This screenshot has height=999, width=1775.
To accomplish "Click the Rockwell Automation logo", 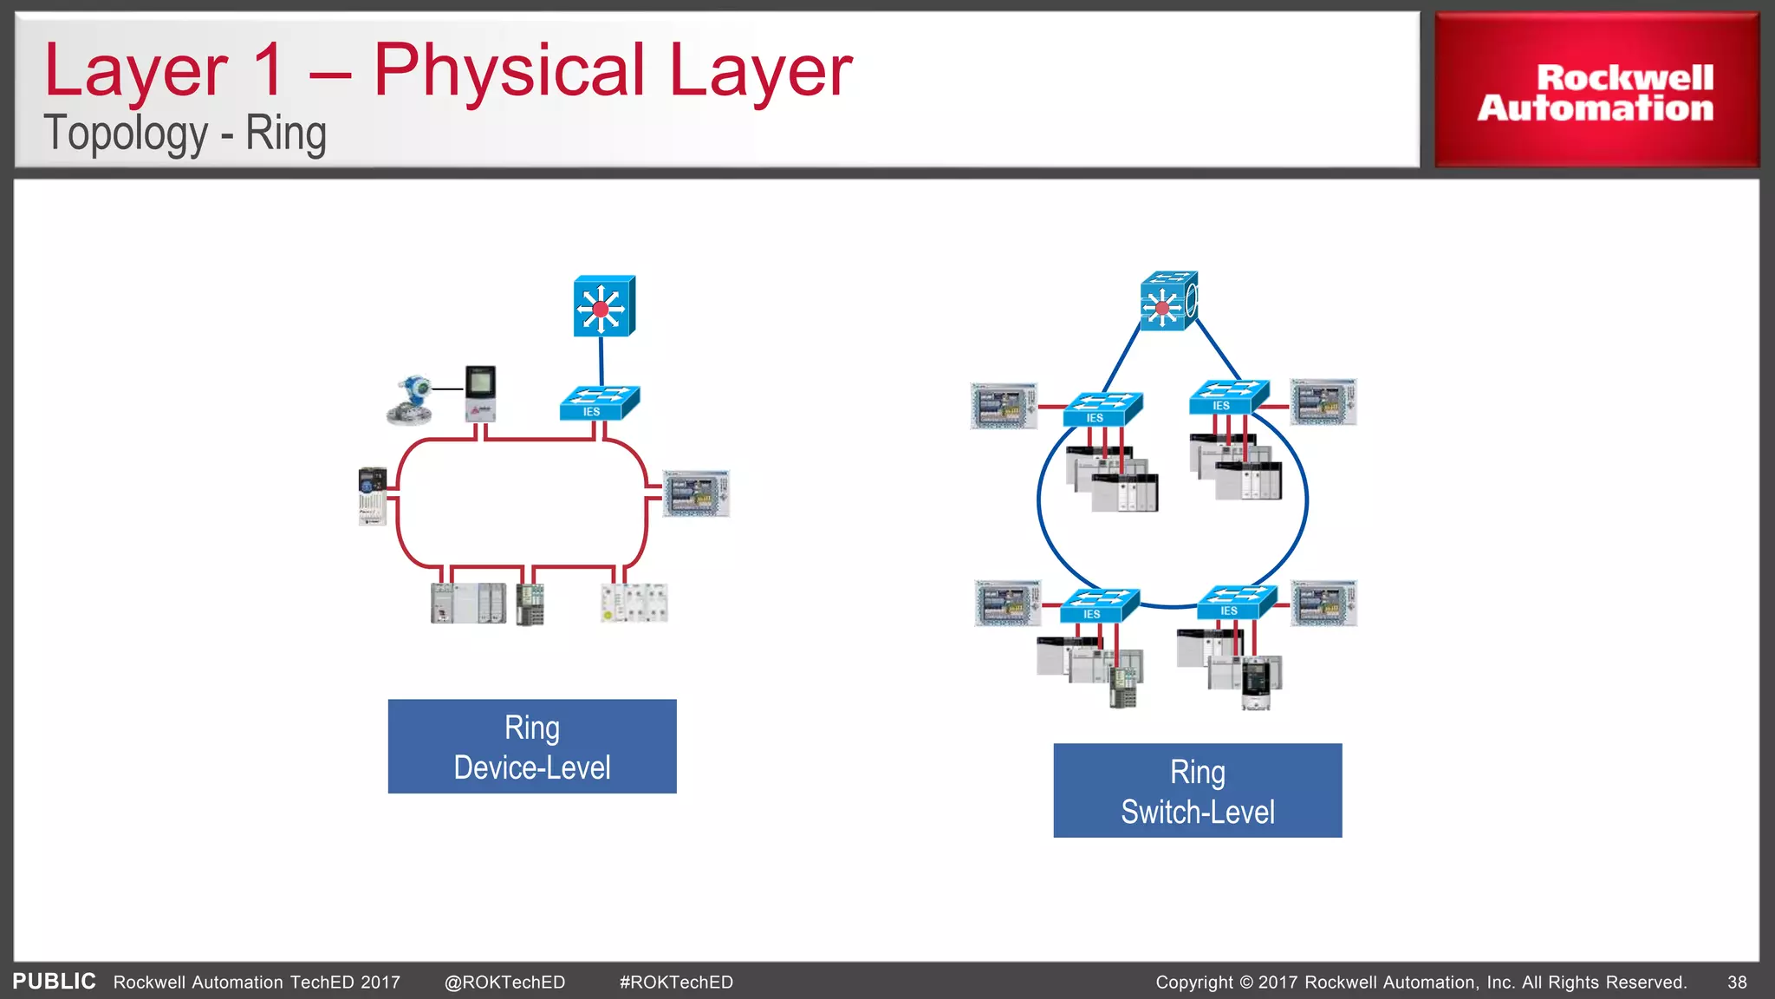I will click(x=1596, y=91).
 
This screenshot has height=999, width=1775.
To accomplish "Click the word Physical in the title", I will click(x=509, y=71).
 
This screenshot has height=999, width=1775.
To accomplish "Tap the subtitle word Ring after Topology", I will click(x=285, y=134).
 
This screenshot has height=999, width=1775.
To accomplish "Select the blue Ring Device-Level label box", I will click(x=531, y=747).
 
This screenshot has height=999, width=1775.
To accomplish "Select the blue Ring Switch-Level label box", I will click(x=1197, y=791).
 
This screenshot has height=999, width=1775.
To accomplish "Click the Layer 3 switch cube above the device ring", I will click(x=603, y=306).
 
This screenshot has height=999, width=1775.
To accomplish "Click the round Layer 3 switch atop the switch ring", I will click(x=1168, y=301).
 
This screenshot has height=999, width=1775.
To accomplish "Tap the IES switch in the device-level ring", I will click(x=599, y=403).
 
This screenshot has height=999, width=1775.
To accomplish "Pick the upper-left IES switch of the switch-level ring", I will click(x=1102, y=409).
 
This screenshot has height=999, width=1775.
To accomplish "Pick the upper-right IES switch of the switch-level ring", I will click(x=1228, y=397).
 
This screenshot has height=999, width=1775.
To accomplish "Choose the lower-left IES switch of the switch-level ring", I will click(x=1099, y=605).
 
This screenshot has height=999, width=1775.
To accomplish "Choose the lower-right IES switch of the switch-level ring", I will click(x=1236, y=603).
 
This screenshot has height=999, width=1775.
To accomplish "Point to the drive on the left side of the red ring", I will click(x=373, y=496).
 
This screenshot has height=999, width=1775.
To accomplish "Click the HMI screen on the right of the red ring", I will click(x=696, y=493).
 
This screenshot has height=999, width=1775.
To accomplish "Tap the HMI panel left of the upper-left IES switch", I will click(x=1004, y=406).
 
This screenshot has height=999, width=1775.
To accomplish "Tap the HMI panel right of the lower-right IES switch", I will click(x=1323, y=604).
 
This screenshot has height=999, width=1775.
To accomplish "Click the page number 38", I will click(x=1737, y=983).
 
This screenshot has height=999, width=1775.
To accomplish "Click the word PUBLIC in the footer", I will click(x=54, y=982).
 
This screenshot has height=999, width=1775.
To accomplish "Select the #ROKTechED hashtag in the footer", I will click(x=676, y=983).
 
